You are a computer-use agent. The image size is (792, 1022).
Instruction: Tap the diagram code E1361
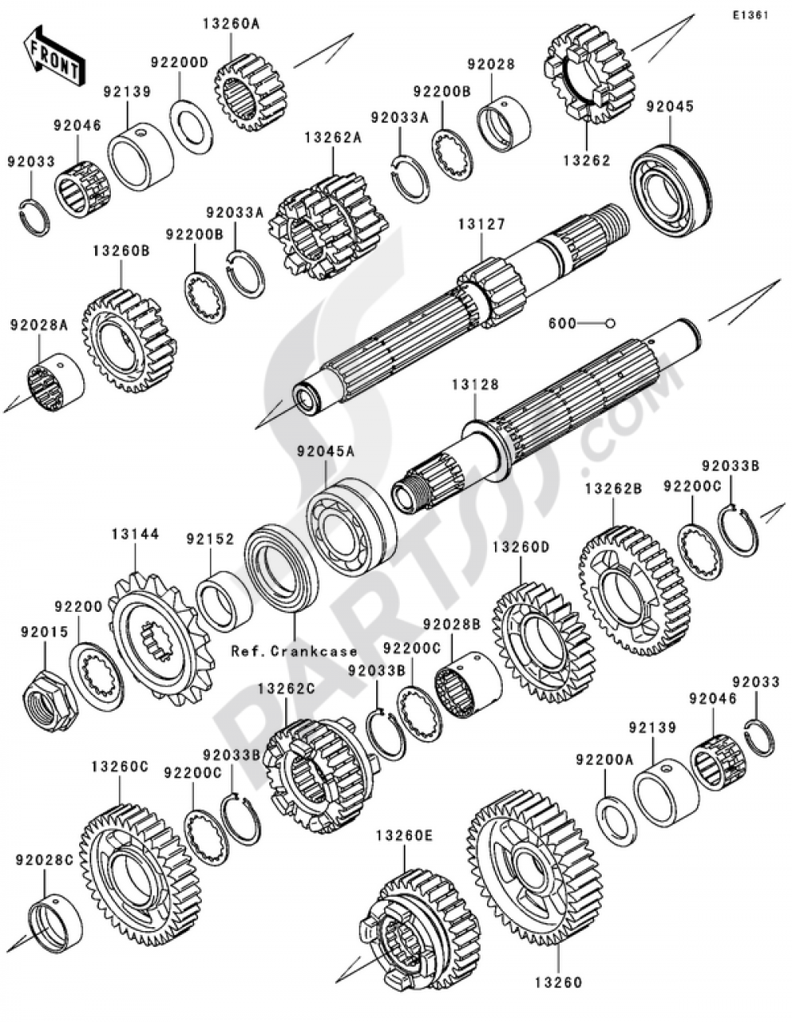pos(750,16)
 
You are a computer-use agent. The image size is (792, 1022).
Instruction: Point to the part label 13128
pos(475,386)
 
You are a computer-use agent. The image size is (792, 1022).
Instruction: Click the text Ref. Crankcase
pos(295,652)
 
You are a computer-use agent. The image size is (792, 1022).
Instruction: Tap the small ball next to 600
pos(611,323)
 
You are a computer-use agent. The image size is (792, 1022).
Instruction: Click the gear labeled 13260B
pos(129,341)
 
